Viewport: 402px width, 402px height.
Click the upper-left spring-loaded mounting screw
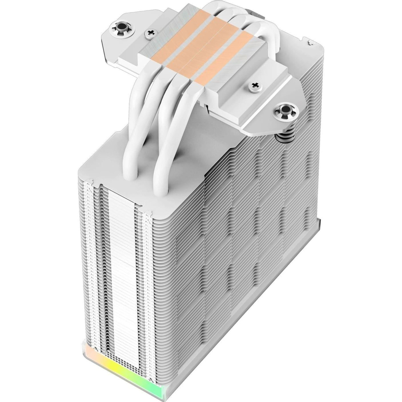[x=120, y=28]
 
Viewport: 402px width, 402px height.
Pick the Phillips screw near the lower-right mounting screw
[x=254, y=85]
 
